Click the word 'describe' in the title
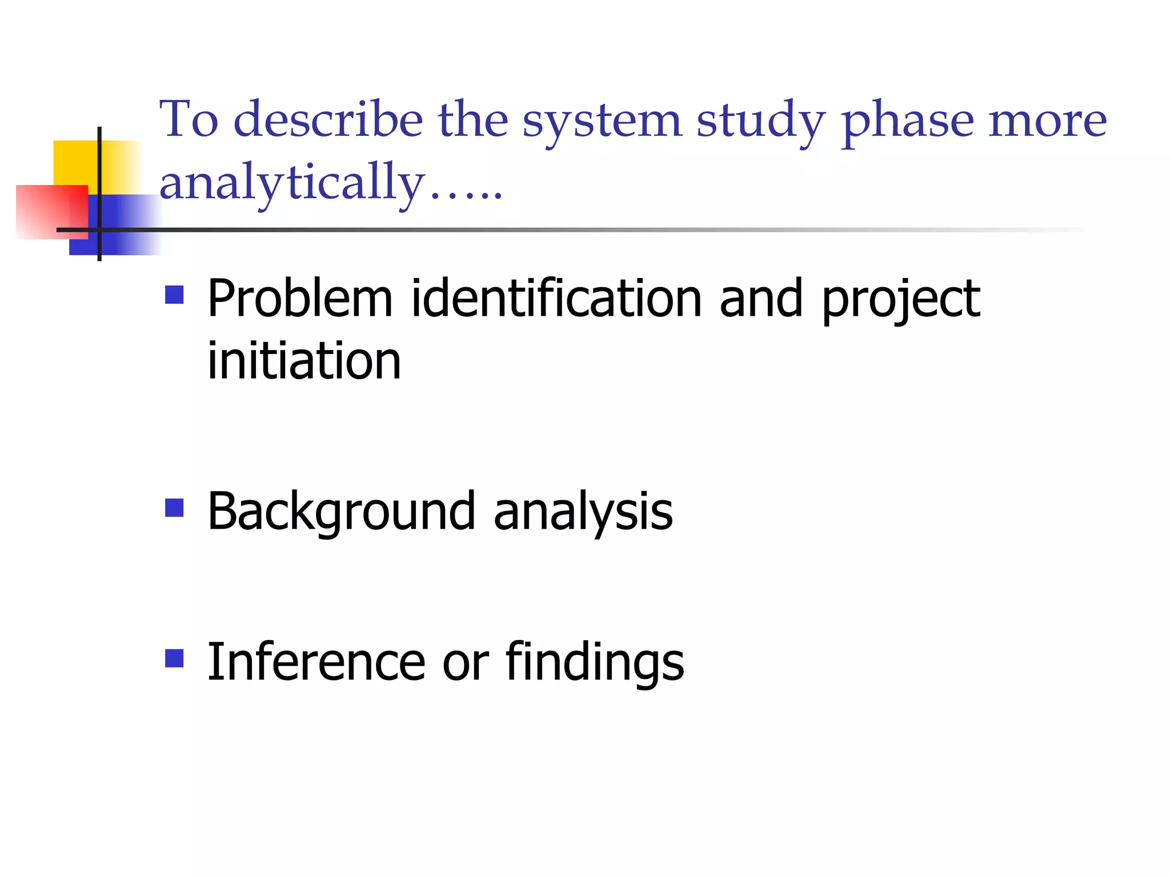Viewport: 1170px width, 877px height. pos(328,119)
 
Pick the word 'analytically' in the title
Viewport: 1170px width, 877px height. pos(292,183)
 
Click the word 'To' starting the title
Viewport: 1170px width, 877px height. pos(189,119)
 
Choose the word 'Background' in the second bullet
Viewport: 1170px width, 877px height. pos(341,512)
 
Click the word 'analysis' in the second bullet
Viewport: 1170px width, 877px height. pos(583,512)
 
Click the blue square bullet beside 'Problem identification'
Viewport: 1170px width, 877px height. pos(174,295)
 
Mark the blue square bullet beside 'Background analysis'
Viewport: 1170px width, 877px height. pos(174,508)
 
